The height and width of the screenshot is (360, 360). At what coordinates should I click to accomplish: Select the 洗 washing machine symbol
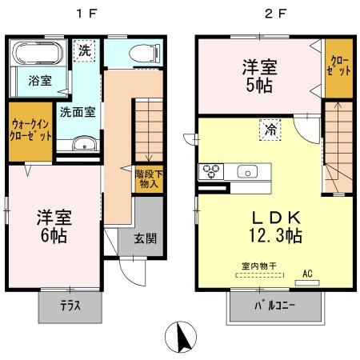pyautogui.click(x=84, y=50)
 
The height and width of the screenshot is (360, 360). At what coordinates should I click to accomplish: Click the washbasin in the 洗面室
pyautogui.click(x=82, y=144)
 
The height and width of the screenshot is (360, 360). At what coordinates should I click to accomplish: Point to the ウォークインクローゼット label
pyautogui.click(x=31, y=130)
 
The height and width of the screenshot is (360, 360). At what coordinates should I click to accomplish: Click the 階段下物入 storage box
pyautogui.click(x=147, y=178)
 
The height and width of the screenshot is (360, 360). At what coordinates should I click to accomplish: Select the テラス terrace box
pyautogui.click(x=70, y=306)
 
